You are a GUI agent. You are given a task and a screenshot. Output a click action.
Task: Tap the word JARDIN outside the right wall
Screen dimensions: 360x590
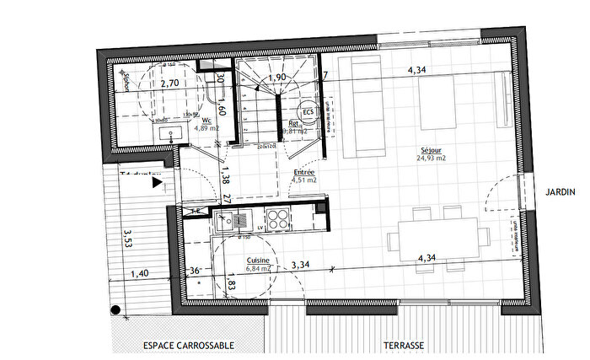coord(560,192)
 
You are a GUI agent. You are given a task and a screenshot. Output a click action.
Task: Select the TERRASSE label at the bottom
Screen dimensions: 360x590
coord(403,346)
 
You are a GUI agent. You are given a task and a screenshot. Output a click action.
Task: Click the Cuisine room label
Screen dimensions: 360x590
coord(257,261)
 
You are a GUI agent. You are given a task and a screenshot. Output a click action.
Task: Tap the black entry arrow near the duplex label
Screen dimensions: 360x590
coord(158,182)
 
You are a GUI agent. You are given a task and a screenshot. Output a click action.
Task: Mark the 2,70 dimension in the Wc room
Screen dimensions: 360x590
coord(169,83)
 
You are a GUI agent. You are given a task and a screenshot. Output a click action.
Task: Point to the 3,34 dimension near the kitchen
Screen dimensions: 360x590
coord(301,266)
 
